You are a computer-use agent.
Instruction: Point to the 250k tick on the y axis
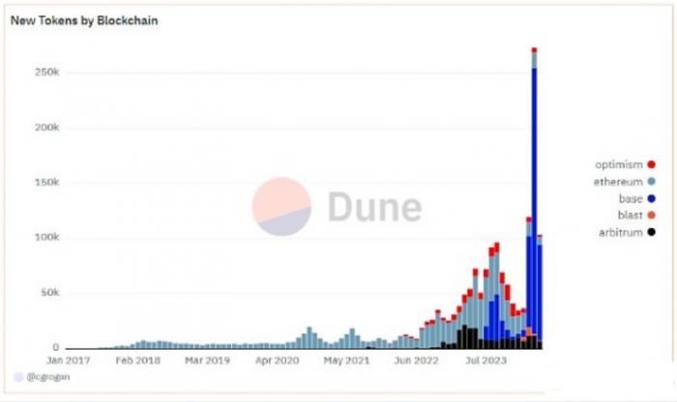pyautogui.click(x=47, y=72)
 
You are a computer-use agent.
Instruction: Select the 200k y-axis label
pyautogui.click(x=47, y=128)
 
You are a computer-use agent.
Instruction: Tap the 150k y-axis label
pyautogui.click(x=47, y=183)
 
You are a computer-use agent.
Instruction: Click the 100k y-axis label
pyautogui.click(x=47, y=238)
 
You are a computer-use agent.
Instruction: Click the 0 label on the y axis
pyautogui.click(x=57, y=347)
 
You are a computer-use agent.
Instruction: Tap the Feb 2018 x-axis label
pyautogui.click(x=135, y=360)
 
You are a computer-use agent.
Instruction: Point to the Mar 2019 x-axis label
pyautogui.click(x=205, y=360)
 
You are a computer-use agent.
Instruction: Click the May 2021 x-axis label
pyautogui.click(x=345, y=360)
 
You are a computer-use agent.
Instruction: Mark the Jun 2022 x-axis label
pyautogui.click(x=416, y=360)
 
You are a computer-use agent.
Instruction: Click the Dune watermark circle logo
pyautogui.click(x=281, y=207)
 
